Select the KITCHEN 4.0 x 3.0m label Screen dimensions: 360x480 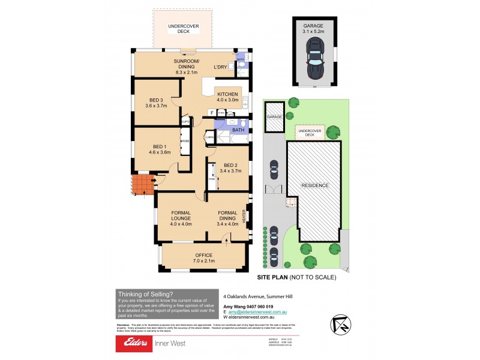pyautogui.click(x=228, y=98)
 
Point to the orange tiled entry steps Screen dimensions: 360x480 pyautogui.click(x=142, y=185)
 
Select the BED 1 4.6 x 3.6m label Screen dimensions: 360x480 pyautogui.click(x=160, y=149)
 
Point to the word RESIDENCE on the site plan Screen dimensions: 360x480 pyautogui.click(x=315, y=185)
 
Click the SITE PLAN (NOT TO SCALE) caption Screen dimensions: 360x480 pyautogui.click(x=296, y=277)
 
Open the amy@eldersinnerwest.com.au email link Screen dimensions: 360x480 pyautogui.click(x=257, y=312)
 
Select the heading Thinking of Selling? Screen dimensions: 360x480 pyautogui.click(x=146, y=294)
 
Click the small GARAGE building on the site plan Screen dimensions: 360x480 pyautogui.click(x=274, y=116)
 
